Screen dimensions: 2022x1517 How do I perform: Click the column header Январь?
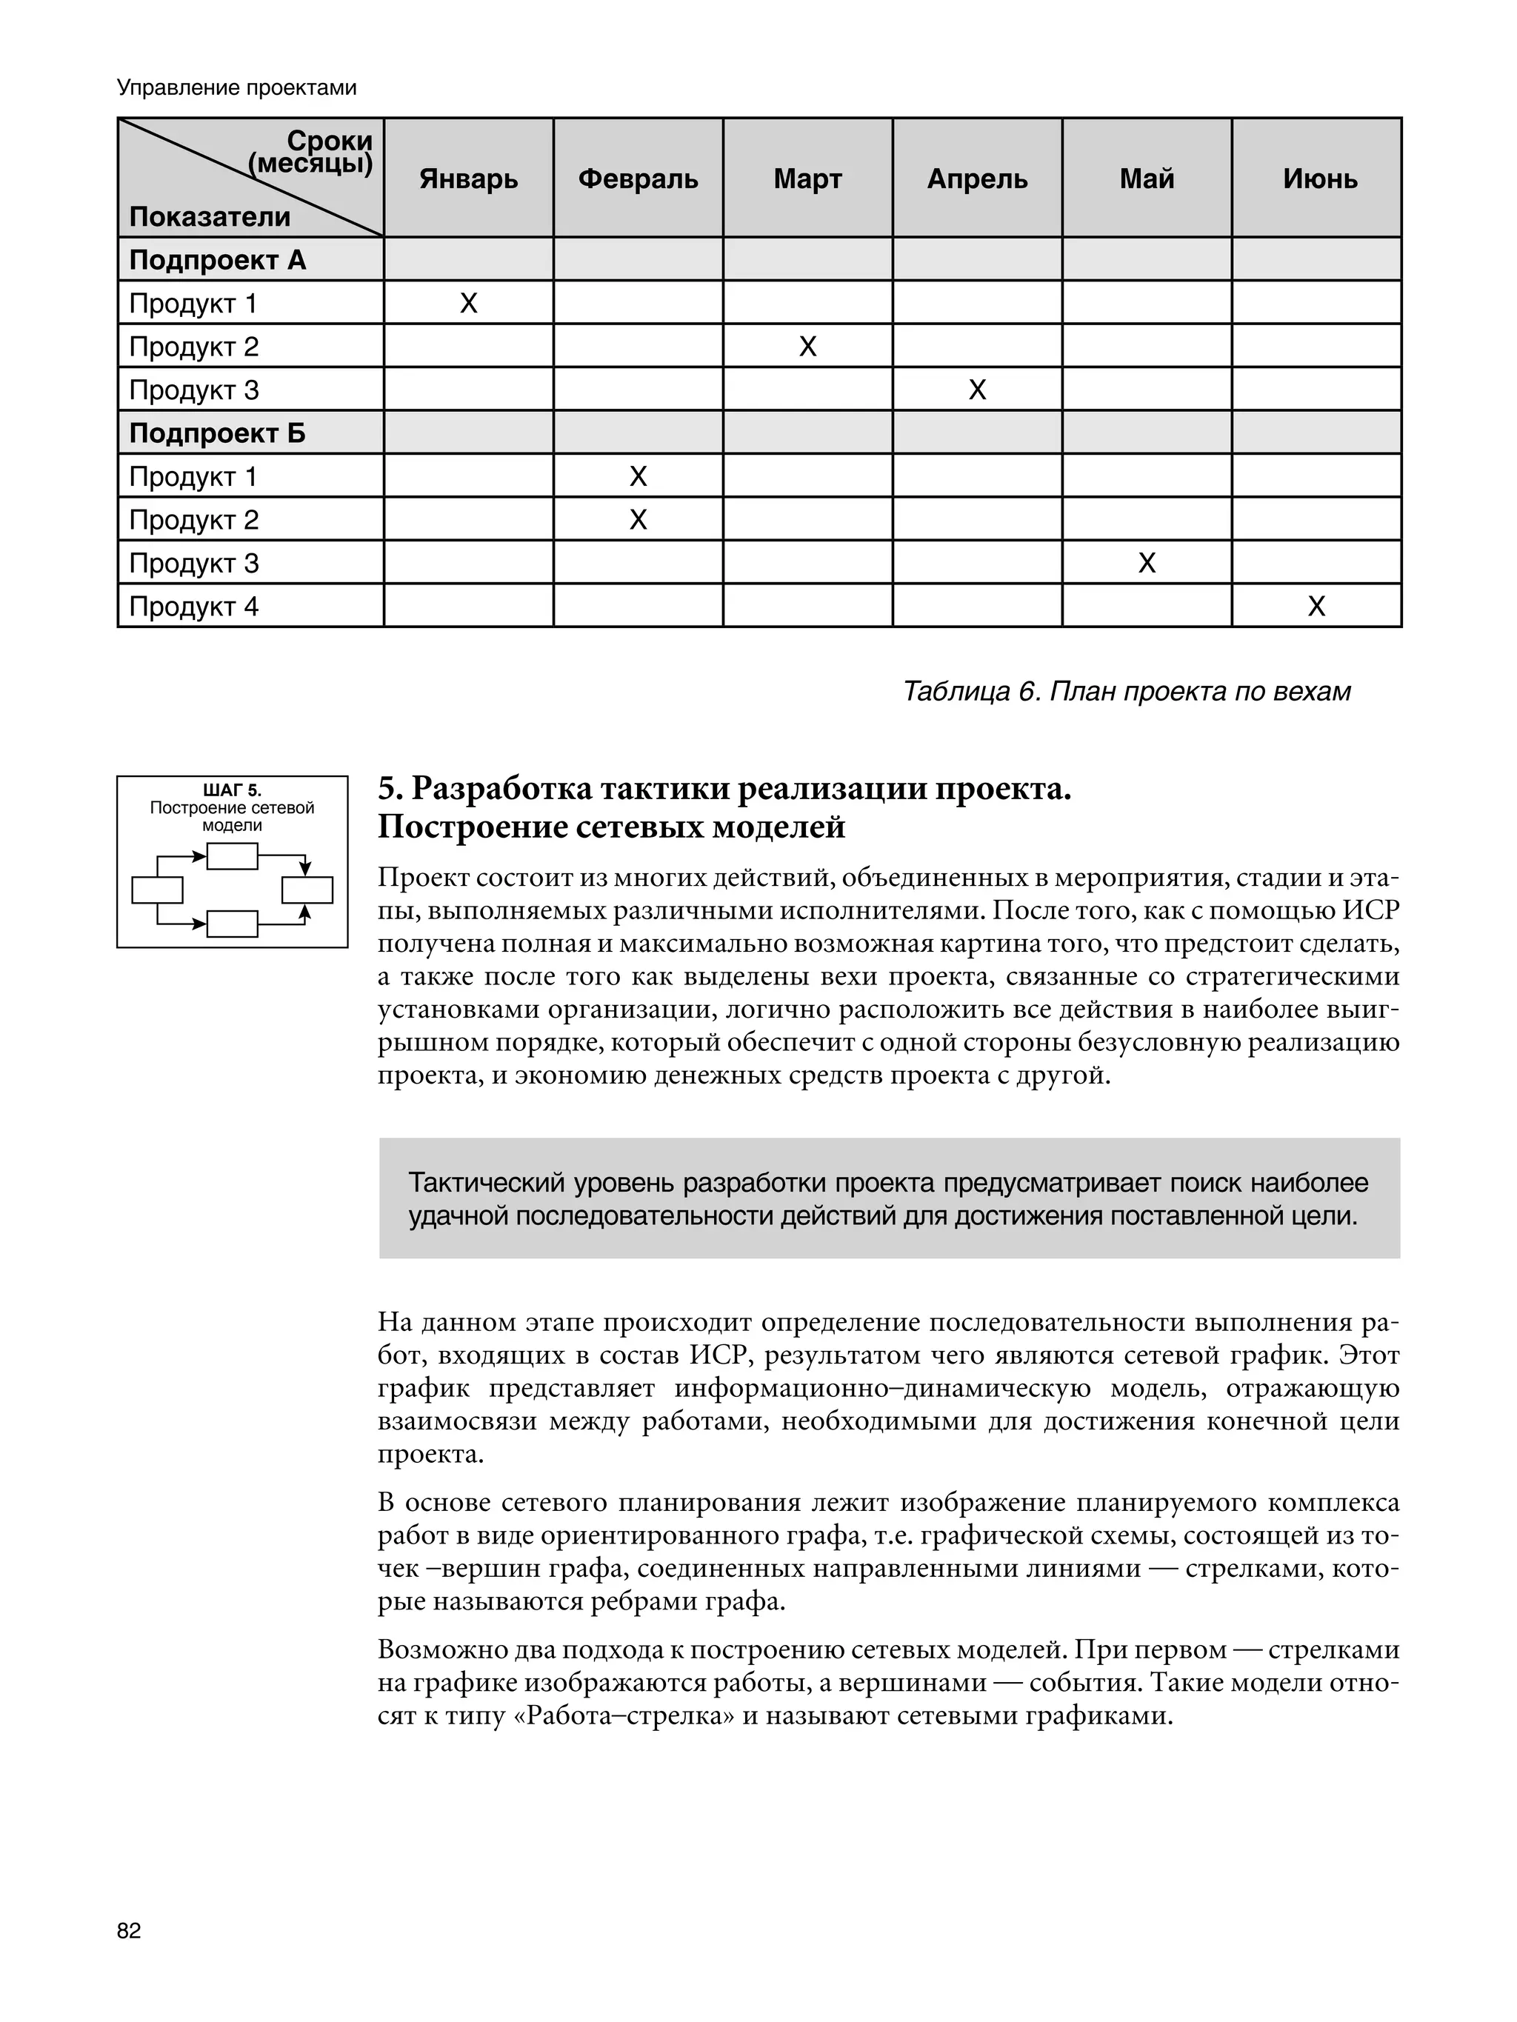(468, 178)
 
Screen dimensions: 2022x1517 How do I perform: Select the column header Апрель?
(976, 178)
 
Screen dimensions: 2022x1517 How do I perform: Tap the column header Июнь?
(1319, 178)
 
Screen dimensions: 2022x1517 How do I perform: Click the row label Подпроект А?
(218, 261)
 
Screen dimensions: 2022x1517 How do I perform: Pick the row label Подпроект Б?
(218, 433)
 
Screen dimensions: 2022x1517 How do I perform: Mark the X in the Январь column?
(468, 304)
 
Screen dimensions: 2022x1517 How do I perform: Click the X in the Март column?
(807, 347)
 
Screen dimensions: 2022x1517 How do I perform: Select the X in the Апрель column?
(976, 390)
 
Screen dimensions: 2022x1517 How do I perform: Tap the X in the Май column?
(1147, 563)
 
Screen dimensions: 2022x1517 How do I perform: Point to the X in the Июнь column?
(1316, 607)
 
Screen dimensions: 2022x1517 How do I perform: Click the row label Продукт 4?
(194, 607)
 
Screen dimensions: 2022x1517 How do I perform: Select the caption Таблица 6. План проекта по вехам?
(1126, 692)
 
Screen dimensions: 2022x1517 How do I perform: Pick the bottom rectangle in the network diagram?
(233, 924)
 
